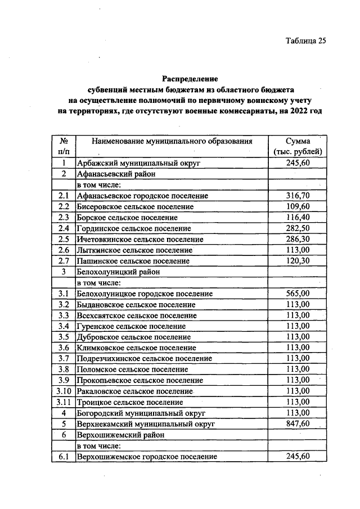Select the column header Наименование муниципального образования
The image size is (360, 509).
coord(172,141)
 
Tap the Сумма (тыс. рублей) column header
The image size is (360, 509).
coord(298,146)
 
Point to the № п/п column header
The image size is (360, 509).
coord(64,146)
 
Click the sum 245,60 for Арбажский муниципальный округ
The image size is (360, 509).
coord(298,163)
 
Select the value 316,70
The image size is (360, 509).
coord(298,196)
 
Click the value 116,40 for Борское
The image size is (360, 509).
coord(298,218)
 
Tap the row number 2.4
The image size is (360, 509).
coord(64,228)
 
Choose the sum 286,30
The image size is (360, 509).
coord(298,239)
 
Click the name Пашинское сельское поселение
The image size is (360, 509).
coord(133,261)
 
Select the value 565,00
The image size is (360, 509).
coord(298,294)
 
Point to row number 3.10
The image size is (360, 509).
coord(64,391)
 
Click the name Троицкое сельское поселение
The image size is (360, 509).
coord(130,402)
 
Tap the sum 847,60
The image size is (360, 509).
coord(298,424)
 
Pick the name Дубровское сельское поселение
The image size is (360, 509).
coord(133,337)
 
